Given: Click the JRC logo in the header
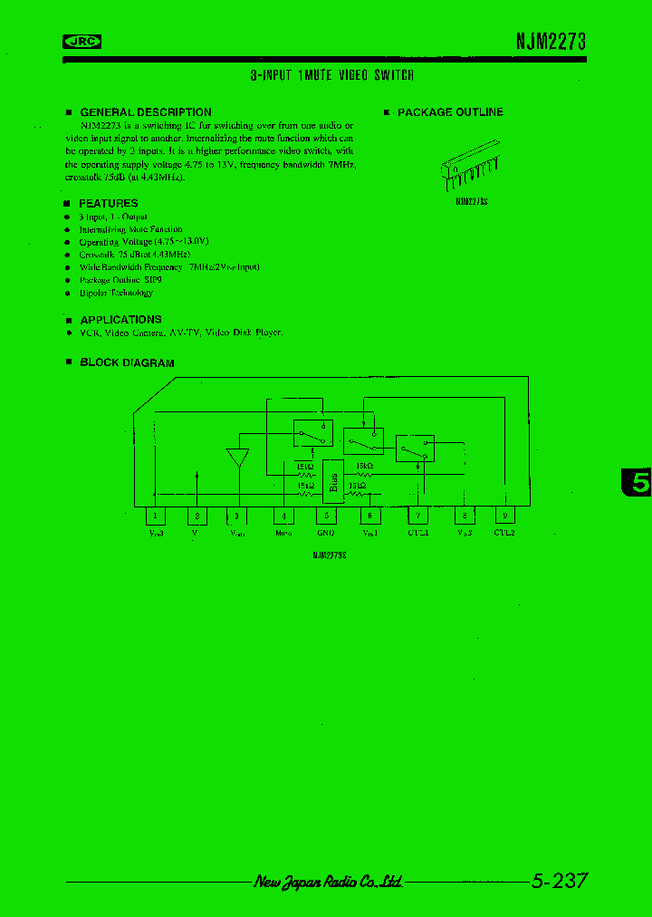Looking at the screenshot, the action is [81, 41].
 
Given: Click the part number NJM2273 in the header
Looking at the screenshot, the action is [551, 41].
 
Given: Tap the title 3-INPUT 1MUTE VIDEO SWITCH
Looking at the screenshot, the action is [331, 76].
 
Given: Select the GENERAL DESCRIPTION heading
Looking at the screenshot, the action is [145, 112].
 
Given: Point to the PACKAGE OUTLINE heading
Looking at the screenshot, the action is [449, 112].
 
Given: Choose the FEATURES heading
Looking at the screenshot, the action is [108, 203].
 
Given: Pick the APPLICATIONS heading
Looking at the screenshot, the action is [120, 320].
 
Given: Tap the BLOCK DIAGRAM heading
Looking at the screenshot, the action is [127, 362].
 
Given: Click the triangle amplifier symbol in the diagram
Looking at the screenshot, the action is [238, 457].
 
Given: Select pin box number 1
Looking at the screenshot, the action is [156, 516].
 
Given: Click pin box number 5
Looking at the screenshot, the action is [325, 516].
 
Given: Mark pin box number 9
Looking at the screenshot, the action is [504, 516].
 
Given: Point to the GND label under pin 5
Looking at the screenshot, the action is [325, 534].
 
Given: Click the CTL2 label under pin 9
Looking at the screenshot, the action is [504, 534].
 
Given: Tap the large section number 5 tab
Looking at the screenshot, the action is [638, 483].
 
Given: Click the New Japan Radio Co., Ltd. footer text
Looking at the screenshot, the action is [329, 882].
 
